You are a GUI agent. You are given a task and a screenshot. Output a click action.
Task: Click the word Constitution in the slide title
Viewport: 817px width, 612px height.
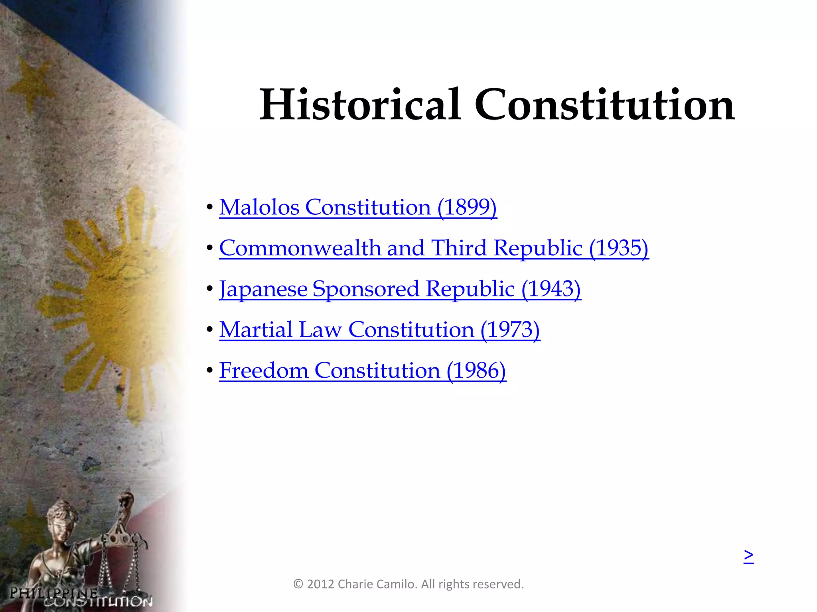(x=604, y=105)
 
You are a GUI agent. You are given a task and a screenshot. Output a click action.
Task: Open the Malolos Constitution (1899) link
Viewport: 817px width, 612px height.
(x=358, y=207)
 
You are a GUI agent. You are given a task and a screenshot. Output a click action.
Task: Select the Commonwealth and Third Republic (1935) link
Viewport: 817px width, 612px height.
(x=434, y=248)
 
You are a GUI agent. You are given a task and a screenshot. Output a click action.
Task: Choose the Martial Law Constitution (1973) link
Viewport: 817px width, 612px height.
(x=379, y=330)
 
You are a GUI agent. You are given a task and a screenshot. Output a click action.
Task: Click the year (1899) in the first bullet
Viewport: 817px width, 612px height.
(x=467, y=207)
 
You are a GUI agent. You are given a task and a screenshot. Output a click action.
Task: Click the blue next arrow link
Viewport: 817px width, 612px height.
(x=748, y=555)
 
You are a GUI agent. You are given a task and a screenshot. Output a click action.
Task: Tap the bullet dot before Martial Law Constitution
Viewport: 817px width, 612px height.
(x=210, y=330)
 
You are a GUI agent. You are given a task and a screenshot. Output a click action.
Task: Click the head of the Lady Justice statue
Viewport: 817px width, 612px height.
(x=61, y=514)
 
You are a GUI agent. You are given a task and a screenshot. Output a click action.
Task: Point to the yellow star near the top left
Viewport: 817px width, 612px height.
(x=32, y=82)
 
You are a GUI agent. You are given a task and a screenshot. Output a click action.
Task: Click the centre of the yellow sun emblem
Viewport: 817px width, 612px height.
(x=120, y=303)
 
